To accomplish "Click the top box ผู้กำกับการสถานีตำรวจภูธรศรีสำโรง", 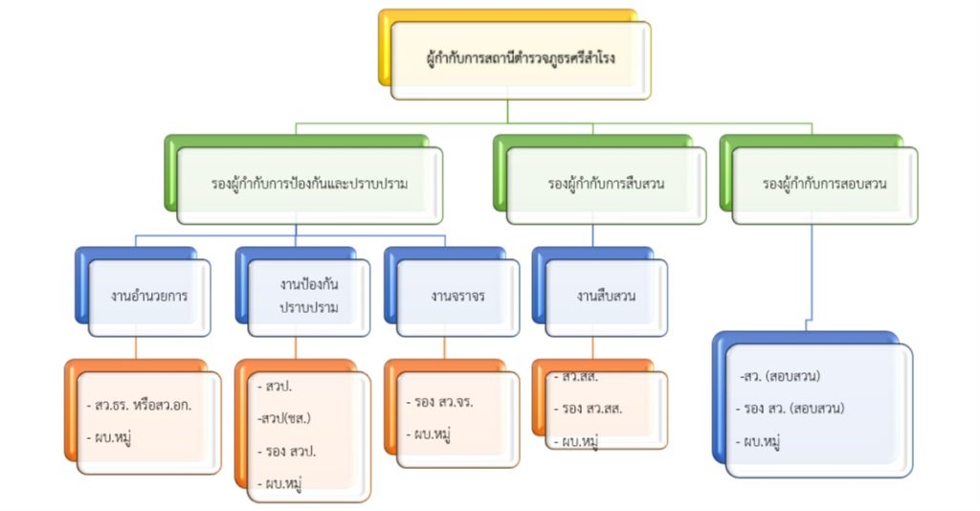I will click(x=521, y=59).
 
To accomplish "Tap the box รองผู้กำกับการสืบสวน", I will click(x=607, y=184).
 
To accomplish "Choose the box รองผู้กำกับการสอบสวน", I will click(x=824, y=184).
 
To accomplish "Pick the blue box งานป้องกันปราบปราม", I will click(x=309, y=296).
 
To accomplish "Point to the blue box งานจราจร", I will click(x=457, y=296).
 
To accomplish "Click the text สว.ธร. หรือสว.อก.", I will click(x=144, y=404).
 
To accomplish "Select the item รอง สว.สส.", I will click(x=589, y=409).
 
